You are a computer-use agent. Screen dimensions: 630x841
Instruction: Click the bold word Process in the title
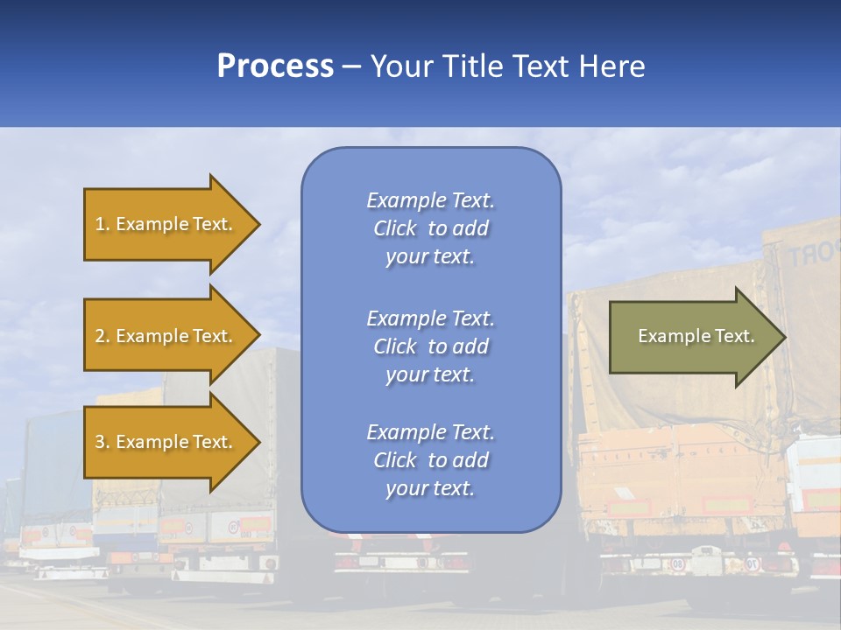click(x=275, y=66)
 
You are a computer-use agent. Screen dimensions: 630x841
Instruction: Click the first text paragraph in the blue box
click(x=430, y=228)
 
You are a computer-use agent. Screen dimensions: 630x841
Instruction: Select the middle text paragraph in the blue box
click(x=430, y=346)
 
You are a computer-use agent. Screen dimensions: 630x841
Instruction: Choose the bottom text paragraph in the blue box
click(x=430, y=460)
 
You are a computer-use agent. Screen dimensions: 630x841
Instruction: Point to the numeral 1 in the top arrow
click(x=100, y=224)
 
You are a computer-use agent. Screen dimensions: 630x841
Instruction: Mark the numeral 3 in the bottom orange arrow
click(x=100, y=442)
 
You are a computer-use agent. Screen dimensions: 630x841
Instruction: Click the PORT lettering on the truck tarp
click(x=811, y=255)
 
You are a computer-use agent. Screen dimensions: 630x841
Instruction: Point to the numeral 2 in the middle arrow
click(x=100, y=336)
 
